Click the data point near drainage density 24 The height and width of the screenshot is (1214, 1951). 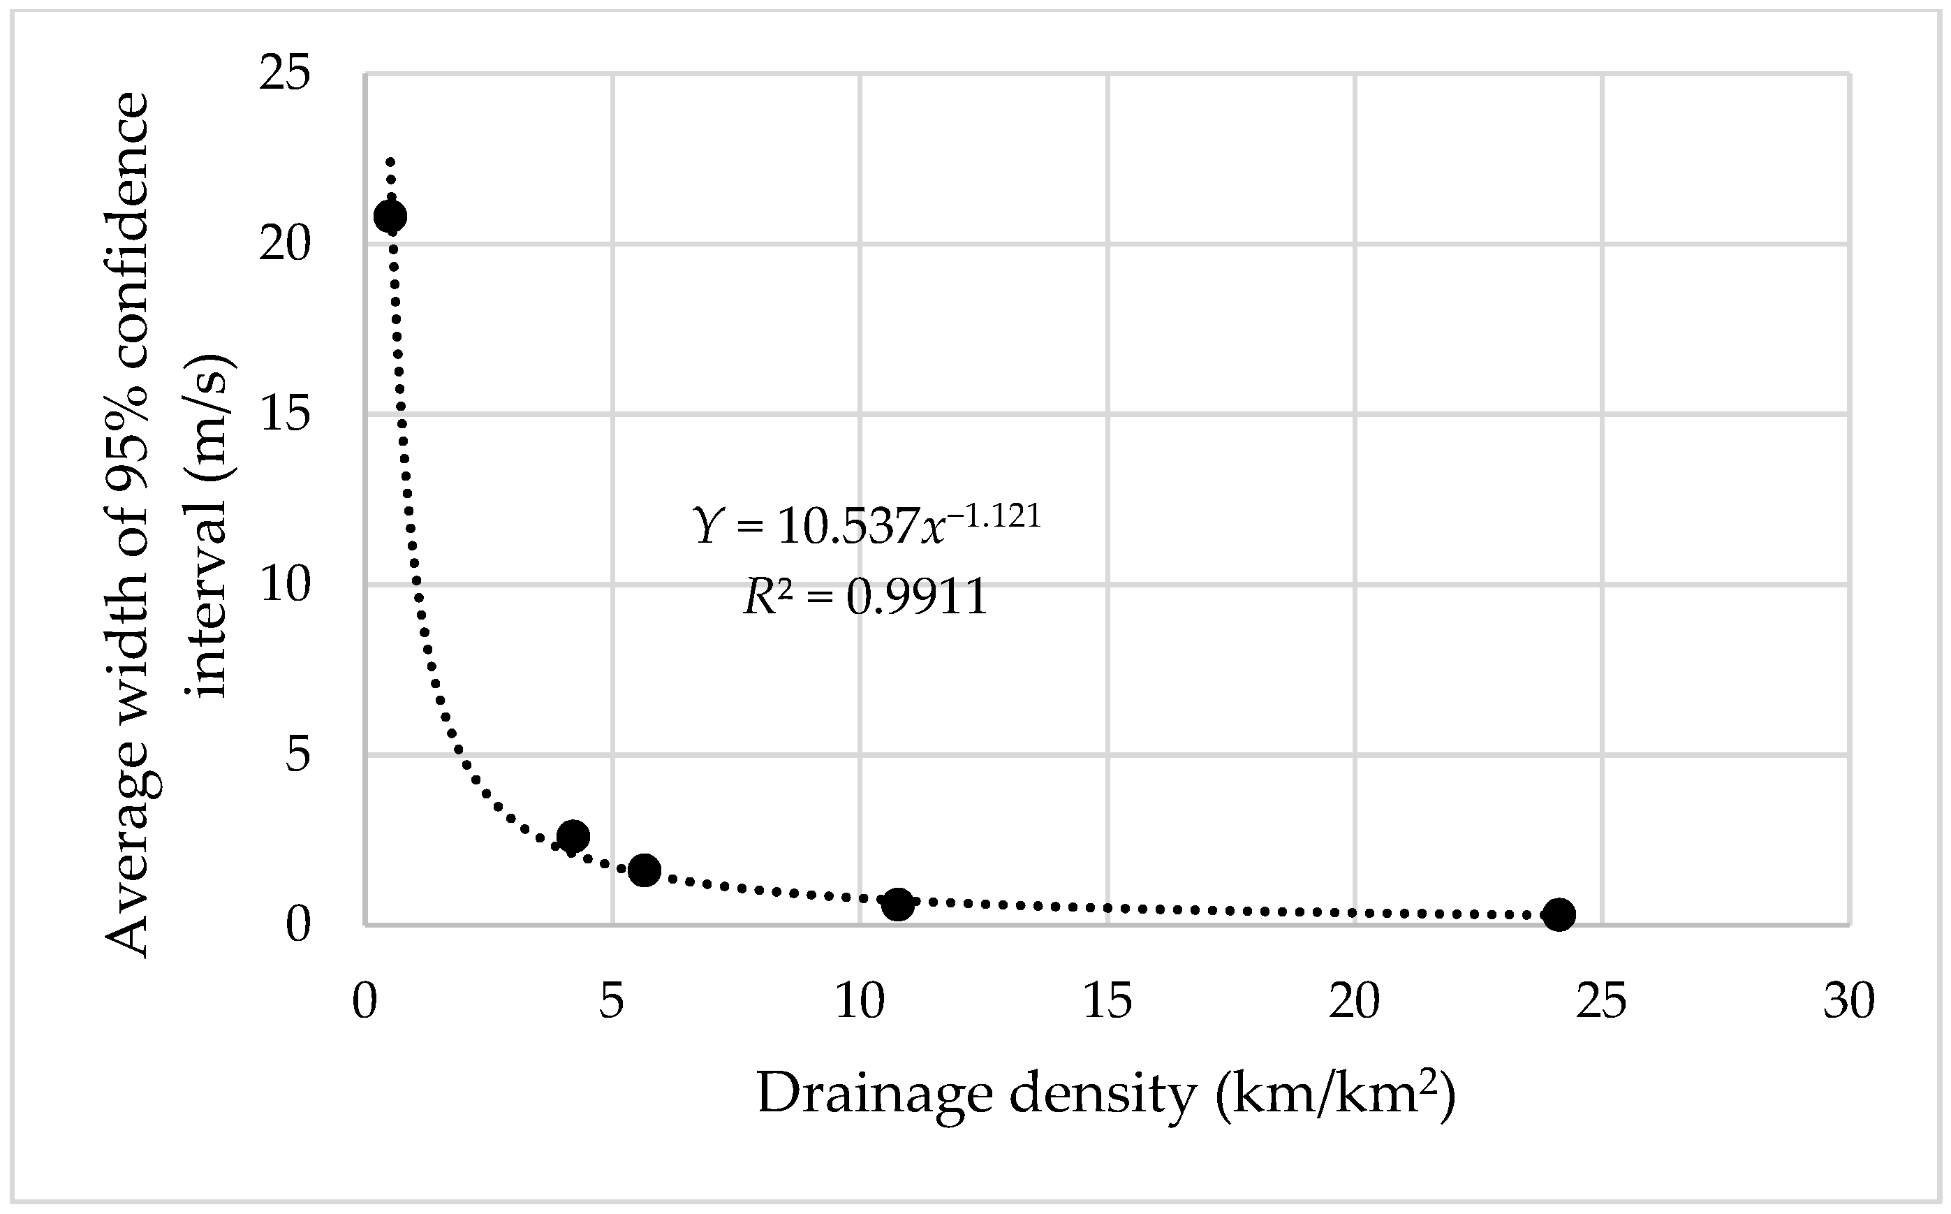[1559, 914]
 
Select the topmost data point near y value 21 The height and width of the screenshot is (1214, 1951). [390, 216]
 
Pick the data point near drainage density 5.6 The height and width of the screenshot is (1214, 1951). [645, 870]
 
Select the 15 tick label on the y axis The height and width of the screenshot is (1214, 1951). [284, 415]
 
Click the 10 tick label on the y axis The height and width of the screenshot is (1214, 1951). [284, 585]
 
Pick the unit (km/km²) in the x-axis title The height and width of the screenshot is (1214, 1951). [1333, 1094]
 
